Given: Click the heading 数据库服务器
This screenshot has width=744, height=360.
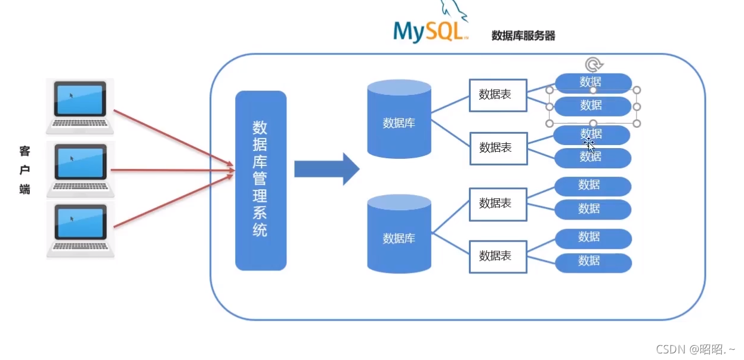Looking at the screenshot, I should (x=523, y=36).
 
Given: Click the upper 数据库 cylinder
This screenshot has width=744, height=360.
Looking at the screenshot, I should (x=399, y=119).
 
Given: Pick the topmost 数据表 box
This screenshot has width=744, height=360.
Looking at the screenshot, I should (x=498, y=95).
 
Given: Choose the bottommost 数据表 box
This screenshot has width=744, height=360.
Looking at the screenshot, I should (x=498, y=256).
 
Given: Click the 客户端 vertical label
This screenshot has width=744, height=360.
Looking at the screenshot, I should (x=24, y=170).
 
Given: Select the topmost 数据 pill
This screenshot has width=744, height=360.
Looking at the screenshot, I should (x=593, y=82).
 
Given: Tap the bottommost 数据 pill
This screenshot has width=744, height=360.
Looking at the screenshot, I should (x=593, y=261).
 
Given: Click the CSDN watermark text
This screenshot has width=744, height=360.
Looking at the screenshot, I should (x=695, y=349).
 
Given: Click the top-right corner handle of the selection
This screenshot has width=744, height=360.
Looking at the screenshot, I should (x=637, y=90).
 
